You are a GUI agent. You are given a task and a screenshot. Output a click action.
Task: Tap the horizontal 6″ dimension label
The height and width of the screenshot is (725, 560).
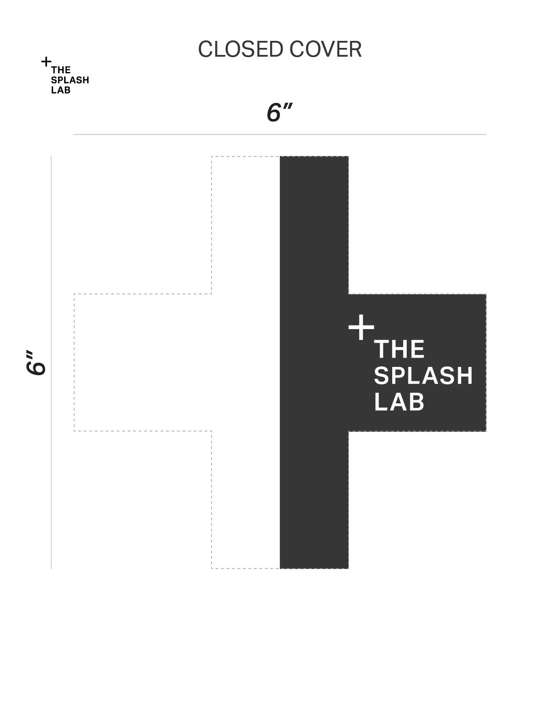pos(279,112)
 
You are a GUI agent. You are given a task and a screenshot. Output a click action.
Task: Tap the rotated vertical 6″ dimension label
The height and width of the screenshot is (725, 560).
pos(36,363)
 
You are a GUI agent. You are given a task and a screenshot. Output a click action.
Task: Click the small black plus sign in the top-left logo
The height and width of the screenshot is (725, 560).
pos(46,62)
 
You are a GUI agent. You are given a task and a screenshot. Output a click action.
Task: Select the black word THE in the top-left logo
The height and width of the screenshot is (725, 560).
pos(61,70)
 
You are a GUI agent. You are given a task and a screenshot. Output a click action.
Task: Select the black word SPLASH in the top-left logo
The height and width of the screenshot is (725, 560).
pos(70,80)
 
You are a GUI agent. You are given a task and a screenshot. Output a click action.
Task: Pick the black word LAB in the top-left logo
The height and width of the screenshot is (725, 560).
pos(61,91)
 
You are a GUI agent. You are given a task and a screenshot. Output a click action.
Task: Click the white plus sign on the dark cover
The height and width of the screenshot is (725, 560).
pos(361,327)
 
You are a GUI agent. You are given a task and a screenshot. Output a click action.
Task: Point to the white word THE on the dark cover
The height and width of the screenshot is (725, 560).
pos(399,349)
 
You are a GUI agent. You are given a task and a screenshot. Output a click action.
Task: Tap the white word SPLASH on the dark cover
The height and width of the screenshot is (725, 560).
pos(423,376)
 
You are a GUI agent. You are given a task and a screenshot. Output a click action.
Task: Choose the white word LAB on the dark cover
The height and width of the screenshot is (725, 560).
pos(399,402)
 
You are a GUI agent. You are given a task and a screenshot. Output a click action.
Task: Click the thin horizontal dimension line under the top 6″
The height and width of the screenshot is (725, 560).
pos(279,134)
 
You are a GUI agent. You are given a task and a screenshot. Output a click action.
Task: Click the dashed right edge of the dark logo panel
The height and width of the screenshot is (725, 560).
pos(486,362)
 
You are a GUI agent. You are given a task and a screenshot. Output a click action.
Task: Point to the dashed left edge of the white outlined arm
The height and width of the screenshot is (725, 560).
pos(74,362)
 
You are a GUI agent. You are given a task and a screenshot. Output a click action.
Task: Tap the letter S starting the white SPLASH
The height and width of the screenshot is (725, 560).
pos(381,376)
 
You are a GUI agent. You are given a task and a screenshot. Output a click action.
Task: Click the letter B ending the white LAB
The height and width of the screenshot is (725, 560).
pos(418,402)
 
